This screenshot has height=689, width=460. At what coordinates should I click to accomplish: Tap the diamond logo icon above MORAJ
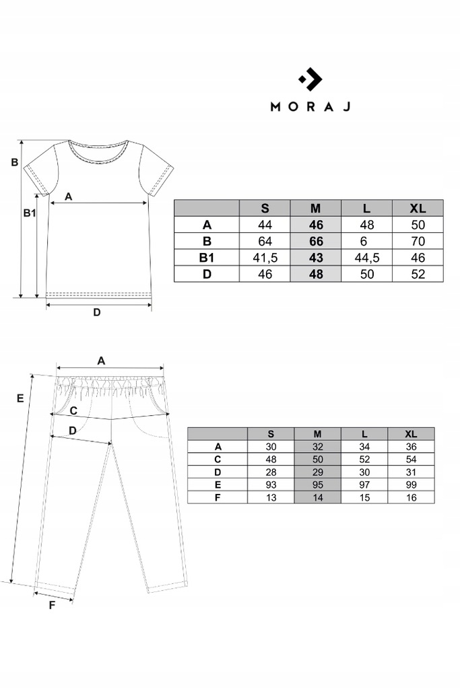310,80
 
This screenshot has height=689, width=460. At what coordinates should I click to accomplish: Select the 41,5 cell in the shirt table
265,258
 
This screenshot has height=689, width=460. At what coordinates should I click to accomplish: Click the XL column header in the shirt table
418,208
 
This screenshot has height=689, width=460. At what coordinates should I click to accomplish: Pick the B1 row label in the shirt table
207,258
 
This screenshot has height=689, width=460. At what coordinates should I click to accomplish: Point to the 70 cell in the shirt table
418,242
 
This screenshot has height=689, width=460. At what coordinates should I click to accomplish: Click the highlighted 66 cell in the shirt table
316,242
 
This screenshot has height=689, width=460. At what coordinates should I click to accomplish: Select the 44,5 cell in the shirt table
366,258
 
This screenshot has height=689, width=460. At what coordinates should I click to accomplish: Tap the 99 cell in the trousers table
412,485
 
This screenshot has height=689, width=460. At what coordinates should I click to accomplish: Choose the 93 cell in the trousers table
271,485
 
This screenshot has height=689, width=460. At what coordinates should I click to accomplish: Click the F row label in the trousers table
218,498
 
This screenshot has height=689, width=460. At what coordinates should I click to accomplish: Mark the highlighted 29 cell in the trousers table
317,472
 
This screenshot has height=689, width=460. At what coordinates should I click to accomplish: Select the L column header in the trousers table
364,433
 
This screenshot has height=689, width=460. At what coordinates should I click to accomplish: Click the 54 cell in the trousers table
412,460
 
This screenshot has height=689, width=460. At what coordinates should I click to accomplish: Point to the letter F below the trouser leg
52,604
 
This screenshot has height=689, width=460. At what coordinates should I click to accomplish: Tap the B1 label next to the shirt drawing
29,213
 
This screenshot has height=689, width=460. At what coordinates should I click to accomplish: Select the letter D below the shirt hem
96,312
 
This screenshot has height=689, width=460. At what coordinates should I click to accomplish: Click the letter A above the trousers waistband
101,360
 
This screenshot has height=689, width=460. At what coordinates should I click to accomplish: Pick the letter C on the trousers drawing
73,410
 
